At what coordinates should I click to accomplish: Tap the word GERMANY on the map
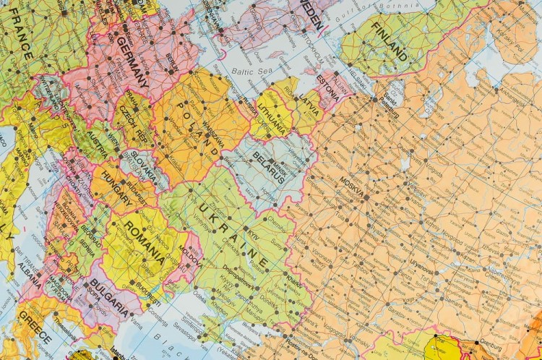(129, 62)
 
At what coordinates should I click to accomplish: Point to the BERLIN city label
(171, 59)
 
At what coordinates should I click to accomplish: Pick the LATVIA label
(310, 100)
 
